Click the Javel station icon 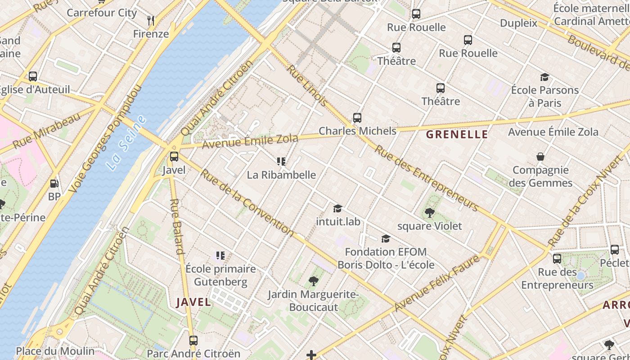(174, 157)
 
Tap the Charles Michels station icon (357, 118)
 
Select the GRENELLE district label (457, 134)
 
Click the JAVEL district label (193, 302)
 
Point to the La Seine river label (127, 142)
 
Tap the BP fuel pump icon (54, 183)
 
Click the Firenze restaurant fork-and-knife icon (151, 20)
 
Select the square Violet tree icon (429, 212)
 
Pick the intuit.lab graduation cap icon (337, 208)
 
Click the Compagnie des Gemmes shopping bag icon (540, 157)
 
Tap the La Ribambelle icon (281, 161)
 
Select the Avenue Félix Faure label (436, 283)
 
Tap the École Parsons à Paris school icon (544, 77)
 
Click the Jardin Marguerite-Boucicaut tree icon (313, 281)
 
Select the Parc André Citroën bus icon (193, 341)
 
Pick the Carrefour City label (102, 13)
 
